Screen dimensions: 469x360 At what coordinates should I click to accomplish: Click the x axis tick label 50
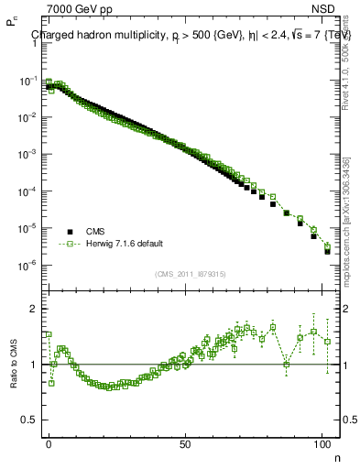click(186, 442)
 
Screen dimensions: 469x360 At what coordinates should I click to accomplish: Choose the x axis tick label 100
click(322, 442)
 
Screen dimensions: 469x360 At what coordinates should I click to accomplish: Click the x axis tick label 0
click(49, 442)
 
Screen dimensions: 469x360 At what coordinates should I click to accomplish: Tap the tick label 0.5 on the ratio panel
click(29, 420)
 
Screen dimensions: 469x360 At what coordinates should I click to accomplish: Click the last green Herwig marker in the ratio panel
click(327, 342)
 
